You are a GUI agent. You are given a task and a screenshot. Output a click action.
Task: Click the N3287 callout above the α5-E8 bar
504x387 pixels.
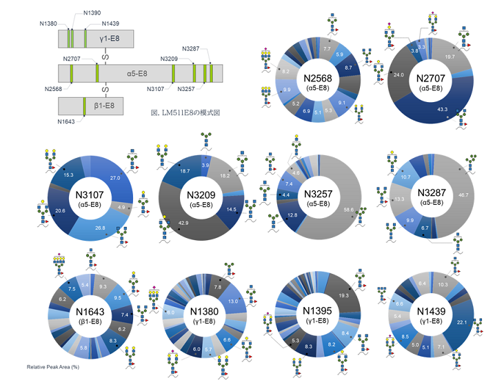coord(191,48)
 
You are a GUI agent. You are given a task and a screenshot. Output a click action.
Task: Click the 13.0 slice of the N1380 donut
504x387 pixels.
coord(232,301)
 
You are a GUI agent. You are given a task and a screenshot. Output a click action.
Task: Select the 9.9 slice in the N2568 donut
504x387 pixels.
coord(268,89)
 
